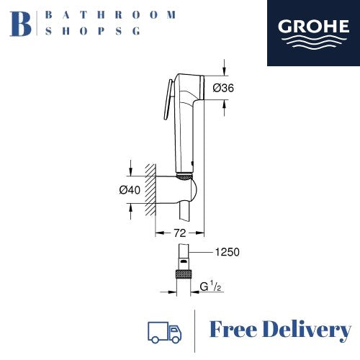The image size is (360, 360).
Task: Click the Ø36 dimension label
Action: point(223,88)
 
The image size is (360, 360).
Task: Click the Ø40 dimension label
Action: point(130,190)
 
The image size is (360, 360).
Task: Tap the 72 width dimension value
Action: point(180,233)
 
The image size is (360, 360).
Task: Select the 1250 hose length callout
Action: point(227,252)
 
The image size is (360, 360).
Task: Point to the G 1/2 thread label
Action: point(210,287)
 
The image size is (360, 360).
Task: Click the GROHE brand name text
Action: point(313,26)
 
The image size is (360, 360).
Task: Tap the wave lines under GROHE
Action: point(313,43)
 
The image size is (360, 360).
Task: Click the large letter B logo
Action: point(21,24)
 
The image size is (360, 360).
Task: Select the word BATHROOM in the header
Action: point(110,15)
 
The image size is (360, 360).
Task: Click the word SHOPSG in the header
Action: point(93,31)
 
